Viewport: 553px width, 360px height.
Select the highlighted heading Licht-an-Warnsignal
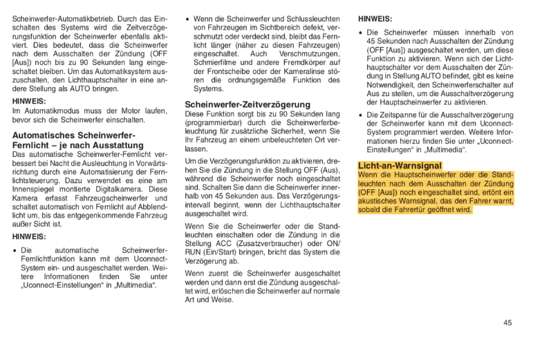tap(400, 166)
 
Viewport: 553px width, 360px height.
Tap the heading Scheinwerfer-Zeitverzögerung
tap(247, 104)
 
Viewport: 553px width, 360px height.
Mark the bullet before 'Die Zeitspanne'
tap(362, 115)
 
